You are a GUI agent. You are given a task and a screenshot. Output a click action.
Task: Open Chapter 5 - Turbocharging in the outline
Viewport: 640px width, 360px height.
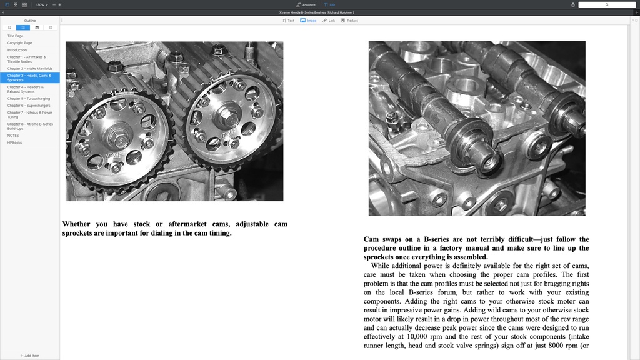29,98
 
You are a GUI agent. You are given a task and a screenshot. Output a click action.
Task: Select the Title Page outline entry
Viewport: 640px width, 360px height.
16,36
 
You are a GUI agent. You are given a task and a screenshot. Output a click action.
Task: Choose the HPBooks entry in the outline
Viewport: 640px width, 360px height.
14,142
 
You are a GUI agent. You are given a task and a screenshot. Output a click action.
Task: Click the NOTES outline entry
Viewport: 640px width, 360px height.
13,136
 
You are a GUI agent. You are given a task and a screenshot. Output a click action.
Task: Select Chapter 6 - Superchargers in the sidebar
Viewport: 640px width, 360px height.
29,106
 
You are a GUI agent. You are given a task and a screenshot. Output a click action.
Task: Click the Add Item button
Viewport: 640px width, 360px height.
30,356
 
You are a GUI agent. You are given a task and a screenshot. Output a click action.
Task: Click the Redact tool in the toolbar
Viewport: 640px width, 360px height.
349,21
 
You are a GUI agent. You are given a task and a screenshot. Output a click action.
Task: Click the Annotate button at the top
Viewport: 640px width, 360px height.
306,4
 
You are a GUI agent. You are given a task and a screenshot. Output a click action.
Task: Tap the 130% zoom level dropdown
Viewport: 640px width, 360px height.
41,4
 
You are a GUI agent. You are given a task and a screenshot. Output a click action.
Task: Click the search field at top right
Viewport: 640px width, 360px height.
607,4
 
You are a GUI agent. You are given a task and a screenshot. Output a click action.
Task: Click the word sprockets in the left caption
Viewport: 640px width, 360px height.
79,233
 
